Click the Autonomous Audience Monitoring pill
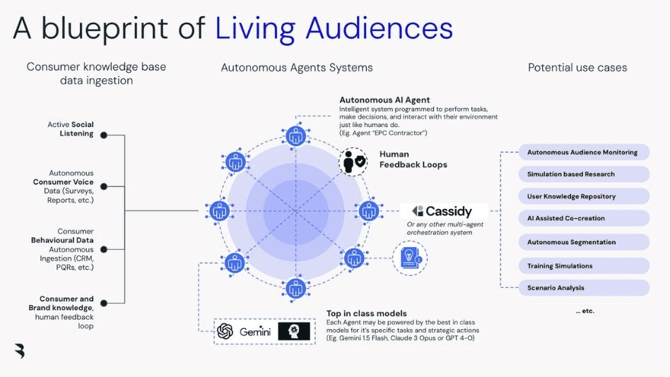tap(584, 152)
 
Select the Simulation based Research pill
tap(584, 174)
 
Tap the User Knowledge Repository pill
tap(584, 196)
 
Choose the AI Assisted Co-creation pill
tap(584, 218)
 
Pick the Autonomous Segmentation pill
tap(584, 242)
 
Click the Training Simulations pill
tap(584, 266)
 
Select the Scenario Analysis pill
tap(584, 288)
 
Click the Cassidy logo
tap(442, 211)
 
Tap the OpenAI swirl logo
tap(225, 331)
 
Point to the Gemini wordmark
tap(255, 332)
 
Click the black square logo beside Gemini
tap(294, 331)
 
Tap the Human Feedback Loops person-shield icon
tap(353, 162)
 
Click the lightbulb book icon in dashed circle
tap(410, 258)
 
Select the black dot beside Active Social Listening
tap(104, 135)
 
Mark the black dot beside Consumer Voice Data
tap(104, 186)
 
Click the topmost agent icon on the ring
tap(295, 136)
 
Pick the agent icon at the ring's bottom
tap(295, 289)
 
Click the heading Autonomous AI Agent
tap(384, 100)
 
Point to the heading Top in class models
tap(367, 313)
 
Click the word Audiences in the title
tap(380, 28)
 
